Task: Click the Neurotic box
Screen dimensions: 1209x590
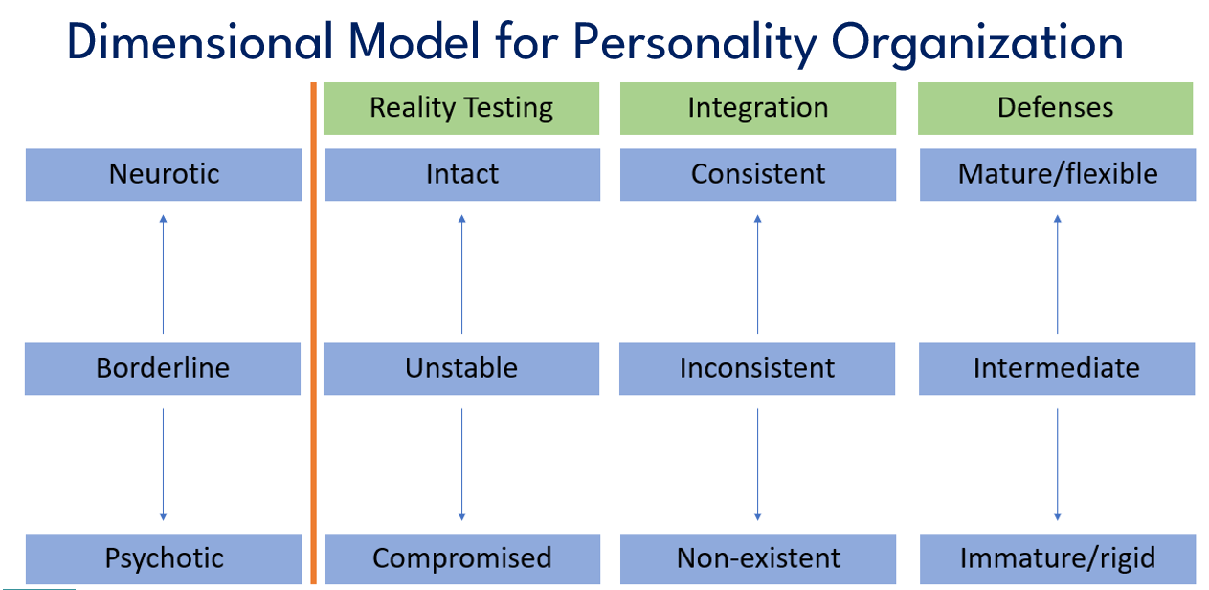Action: tap(164, 175)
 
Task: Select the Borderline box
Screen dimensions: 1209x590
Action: tap(163, 369)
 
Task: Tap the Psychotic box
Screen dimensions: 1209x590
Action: tap(164, 558)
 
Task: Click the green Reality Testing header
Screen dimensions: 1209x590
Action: tap(461, 108)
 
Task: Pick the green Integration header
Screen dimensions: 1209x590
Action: tap(758, 108)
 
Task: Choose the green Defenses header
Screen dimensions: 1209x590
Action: tap(1055, 108)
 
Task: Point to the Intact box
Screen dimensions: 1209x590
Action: tap(462, 175)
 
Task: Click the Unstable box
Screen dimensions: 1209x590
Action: tap(461, 369)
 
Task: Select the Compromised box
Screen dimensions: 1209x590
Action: tap(462, 558)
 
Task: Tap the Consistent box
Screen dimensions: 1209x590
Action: tap(758, 175)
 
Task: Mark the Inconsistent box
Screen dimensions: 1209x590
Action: tap(757, 369)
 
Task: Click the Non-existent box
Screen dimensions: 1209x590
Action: tap(758, 558)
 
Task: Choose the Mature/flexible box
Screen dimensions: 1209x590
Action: tap(1058, 175)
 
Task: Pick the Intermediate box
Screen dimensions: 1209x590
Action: tap(1057, 369)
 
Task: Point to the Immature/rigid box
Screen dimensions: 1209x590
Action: tap(1058, 558)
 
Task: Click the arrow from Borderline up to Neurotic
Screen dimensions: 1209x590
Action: tap(163, 274)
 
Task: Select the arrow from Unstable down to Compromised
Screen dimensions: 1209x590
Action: tap(461, 465)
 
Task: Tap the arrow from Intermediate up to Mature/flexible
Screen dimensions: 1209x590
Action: tap(1058, 274)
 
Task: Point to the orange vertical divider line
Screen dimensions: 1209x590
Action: tap(313, 333)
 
